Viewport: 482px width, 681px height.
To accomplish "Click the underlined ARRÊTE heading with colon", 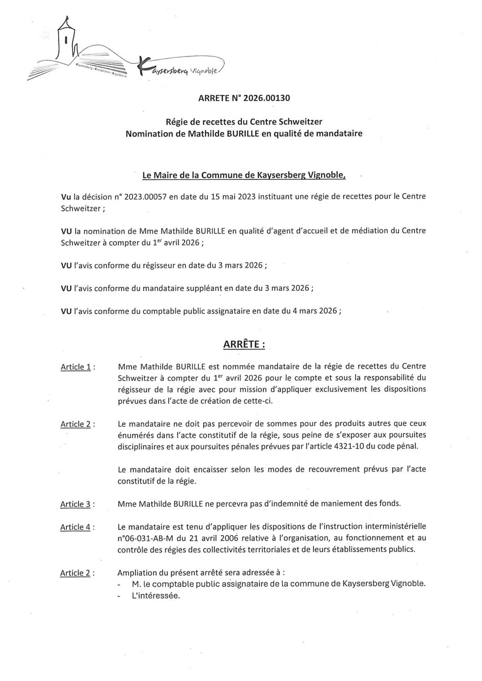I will tap(244, 345).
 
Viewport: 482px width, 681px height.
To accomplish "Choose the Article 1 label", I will tap(77, 367).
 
